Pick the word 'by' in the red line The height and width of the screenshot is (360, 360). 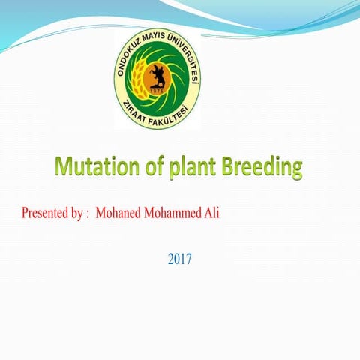click(x=77, y=212)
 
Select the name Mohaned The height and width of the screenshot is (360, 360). click(x=121, y=212)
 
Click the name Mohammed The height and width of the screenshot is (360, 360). click(x=175, y=212)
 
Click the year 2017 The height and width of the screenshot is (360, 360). click(x=180, y=259)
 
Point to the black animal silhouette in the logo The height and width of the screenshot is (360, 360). click(x=158, y=76)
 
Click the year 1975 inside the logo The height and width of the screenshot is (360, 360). click(x=157, y=91)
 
